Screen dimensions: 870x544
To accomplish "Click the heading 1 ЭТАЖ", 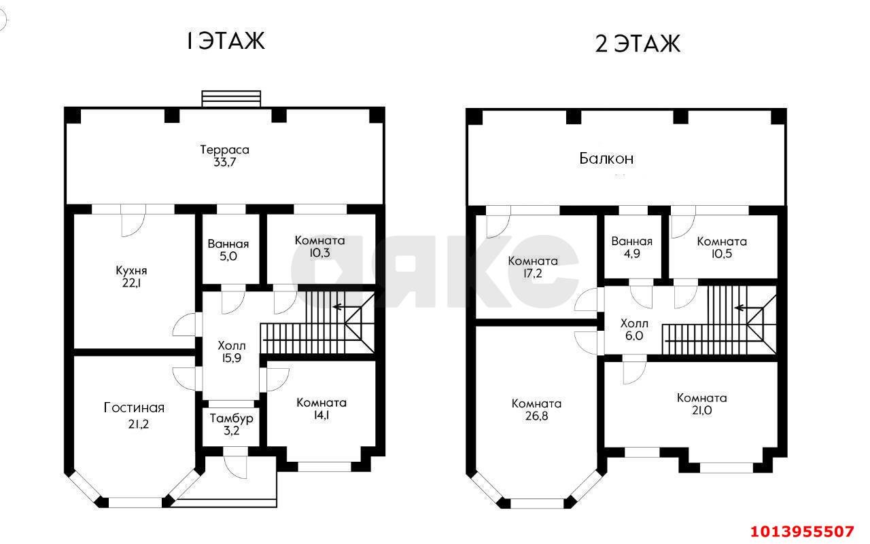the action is [x=226, y=41].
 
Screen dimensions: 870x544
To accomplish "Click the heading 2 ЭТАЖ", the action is [x=638, y=43].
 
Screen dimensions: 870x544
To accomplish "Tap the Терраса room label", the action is [x=224, y=150].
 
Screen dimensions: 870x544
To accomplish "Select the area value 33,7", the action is [x=224, y=162].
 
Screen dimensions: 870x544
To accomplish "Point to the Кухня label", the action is [x=131, y=270].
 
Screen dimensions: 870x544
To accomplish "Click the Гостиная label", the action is [x=134, y=407].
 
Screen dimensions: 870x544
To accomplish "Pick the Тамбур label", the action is [x=232, y=418].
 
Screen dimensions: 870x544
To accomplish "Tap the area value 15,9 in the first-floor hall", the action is [x=232, y=358].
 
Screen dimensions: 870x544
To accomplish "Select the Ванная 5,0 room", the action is [x=230, y=249].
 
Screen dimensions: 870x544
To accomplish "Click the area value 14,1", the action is [x=321, y=415].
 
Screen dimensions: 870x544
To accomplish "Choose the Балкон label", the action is [x=606, y=159].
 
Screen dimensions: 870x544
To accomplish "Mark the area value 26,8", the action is [x=536, y=416].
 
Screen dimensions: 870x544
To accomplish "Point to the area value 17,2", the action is [x=532, y=274].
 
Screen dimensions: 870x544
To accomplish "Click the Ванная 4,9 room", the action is [x=632, y=247].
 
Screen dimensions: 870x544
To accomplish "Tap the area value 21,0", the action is [x=701, y=410].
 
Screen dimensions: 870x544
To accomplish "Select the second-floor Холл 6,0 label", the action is [x=634, y=329].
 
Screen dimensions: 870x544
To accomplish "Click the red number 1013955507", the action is [x=802, y=532].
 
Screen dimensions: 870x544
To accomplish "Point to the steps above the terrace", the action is [x=231, y=98].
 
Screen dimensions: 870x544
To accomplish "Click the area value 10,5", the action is [x=722, y=254].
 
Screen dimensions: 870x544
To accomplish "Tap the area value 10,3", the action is [x=319, y=253].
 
